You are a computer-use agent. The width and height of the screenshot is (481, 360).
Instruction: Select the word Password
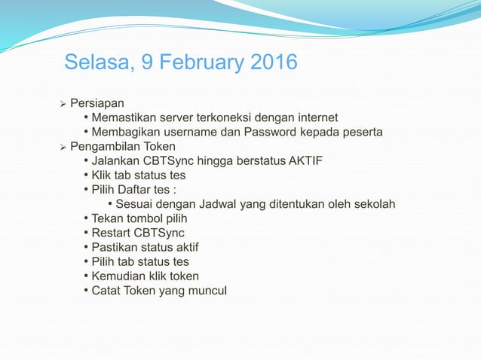272,132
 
